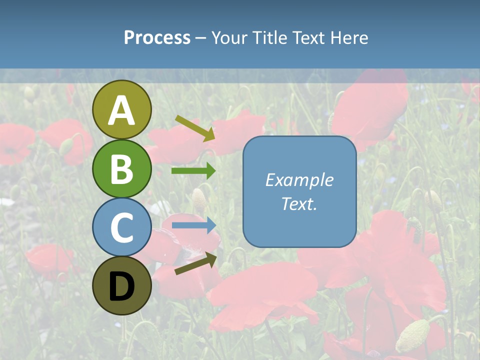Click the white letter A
pos(121,110)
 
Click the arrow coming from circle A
pos(195,128)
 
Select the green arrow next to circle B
pos(193,171)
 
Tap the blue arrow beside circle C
pos(194,225)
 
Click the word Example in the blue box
pos(299,180)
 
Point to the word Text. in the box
pos(299,204)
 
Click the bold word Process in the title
pos(157,38)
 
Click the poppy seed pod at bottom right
pos(412,335)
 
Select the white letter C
pos(121,228)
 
